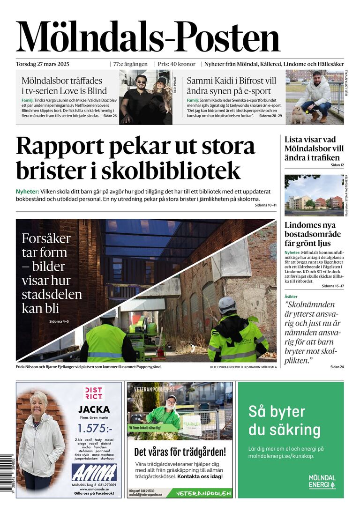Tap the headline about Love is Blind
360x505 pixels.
pos(64,85)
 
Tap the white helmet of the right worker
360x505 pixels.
pos(227,304)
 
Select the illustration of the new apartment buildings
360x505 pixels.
pos(314,194)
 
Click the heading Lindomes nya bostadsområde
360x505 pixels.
pos(313,234)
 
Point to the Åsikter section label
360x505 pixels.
pos(291,297)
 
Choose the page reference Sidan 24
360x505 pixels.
pos(337,366)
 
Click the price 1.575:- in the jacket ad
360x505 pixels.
pos(95,428)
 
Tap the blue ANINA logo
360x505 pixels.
pos(94,472)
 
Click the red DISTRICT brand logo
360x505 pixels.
pos(94,394)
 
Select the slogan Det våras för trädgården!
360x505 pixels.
pos(180,452)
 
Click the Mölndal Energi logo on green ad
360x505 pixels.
pos(322,482)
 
